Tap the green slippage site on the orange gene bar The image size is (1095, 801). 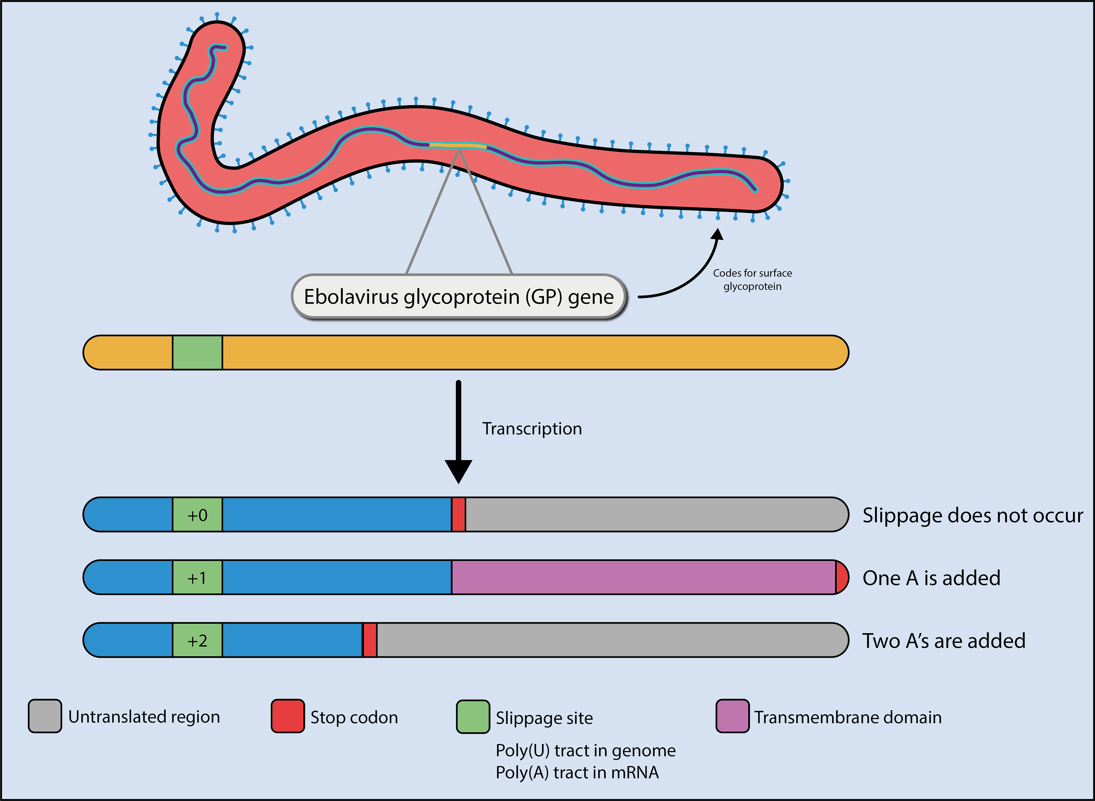[x=197, y=352]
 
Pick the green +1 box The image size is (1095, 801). [x=197, y=577]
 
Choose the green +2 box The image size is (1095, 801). [x=197, y=640]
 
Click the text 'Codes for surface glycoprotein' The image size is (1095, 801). [x=752, y=280]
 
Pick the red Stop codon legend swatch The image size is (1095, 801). [x=288, y=716]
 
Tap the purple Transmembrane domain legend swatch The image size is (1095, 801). [x=732, y=716]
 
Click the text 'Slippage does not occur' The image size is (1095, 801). [x=972, y=515]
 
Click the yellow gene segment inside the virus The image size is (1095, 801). [x=458, y=145]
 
